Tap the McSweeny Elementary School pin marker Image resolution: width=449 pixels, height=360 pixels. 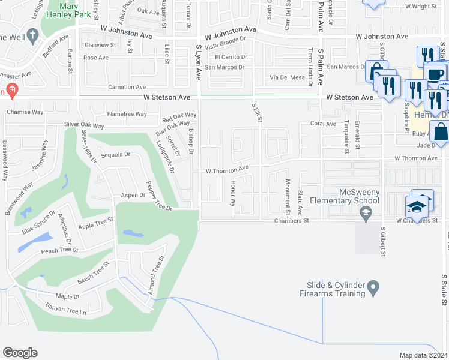click(365, 212)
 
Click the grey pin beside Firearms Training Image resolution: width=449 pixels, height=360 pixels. click(373, 289)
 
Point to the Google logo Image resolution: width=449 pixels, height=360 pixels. click(20, 353)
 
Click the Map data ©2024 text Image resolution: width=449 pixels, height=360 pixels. click(423, 355)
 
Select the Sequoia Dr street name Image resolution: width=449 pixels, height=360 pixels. click(116, 154)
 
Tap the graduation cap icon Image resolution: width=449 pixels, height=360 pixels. click(418, 206)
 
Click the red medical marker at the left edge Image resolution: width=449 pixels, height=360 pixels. click(10, 91)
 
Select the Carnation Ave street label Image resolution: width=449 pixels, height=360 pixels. click(127, 87)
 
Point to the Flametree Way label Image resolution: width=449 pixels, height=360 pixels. click(127, 114)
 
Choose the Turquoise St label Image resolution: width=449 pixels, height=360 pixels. click(346, 137)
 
